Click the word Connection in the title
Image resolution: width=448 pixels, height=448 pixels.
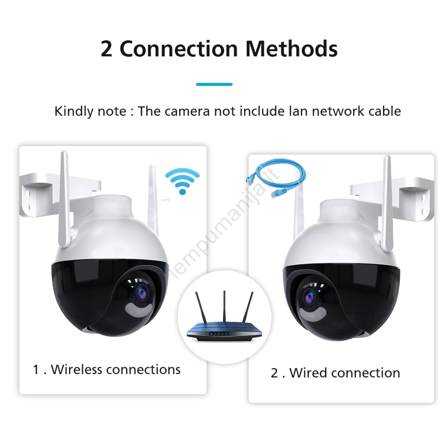point(178,49)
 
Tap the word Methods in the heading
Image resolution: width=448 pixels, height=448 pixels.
point(292,49)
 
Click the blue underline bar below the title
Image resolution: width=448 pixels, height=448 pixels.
point(214,84)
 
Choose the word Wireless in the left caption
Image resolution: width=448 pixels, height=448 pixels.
point(76,370)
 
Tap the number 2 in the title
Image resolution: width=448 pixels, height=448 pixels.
point(107,49)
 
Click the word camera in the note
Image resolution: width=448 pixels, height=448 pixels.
point(187,112)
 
